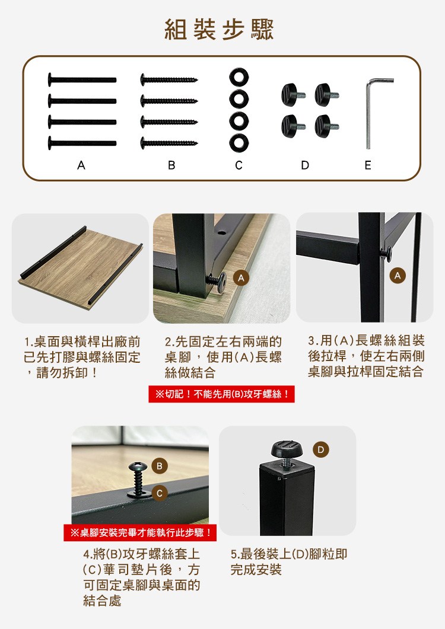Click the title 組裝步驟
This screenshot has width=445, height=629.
[x=220, y=30]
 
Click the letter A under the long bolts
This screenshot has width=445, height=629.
[x=81, y=165]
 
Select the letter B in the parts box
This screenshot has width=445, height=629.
[x=171, y=165]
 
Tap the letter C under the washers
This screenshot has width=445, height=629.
[x=239, y=165]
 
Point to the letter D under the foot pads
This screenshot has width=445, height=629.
[x=305, y=165]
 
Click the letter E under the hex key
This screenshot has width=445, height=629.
[x=368, y=165]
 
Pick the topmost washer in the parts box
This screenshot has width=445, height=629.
[x=239, y=76]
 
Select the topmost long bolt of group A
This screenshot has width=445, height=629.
[x=82, y=79]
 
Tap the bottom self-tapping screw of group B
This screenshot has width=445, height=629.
[x=169, y=143]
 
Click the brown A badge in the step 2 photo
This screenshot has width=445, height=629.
[x=241, y=277]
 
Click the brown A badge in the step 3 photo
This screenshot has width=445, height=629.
[x=398, y=276]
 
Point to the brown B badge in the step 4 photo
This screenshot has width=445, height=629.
[x=160, y=466]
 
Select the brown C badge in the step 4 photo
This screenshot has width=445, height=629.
[x=160, y=493]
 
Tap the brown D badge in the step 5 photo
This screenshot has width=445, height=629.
[x=320, y=450]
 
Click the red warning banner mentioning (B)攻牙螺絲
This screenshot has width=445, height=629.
[x=222, y=394]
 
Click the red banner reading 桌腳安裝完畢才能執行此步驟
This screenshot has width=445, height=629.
[x=140, y=533]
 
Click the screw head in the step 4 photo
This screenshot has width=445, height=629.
[x=139, y=466]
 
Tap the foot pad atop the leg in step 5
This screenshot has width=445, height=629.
[x=287, y=450]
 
